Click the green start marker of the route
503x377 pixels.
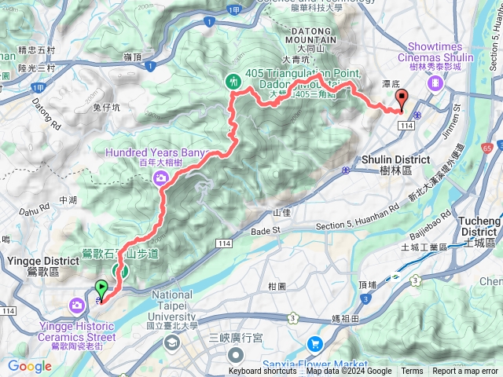[101, 289]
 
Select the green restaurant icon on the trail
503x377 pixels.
[233, 80]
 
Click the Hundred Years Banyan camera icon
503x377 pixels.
[162, 179]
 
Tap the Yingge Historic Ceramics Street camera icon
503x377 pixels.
[77, 305]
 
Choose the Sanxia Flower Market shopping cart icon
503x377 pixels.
[315, 343]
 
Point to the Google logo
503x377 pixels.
[30, 366]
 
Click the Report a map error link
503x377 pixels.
[465, 372]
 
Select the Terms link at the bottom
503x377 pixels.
[412, 372]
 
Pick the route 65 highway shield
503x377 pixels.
[488, 147]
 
